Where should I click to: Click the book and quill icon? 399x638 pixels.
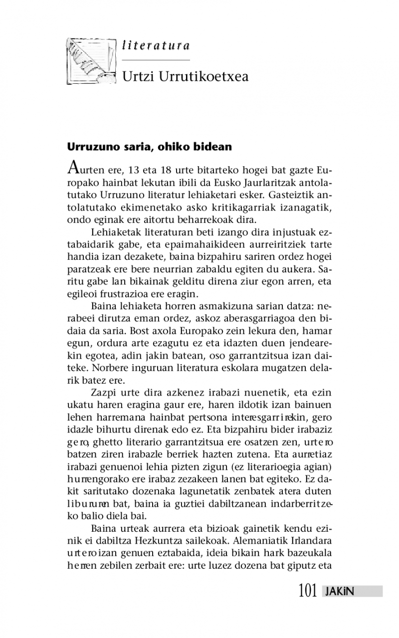(91, 60)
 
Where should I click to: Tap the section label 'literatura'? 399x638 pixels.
(156, 46)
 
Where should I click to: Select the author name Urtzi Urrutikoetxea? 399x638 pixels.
(185, 77)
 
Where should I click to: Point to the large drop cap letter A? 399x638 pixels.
(73, 165)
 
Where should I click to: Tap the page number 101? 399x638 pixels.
(308, 591)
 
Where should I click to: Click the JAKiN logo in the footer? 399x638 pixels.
(339, 592)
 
